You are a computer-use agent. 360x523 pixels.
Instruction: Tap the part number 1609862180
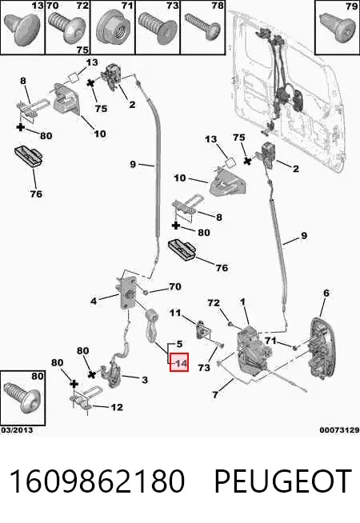[x=97, y=481]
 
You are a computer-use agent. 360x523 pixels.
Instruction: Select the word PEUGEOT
[x=283, y=481]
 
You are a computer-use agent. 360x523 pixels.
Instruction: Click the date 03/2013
[x=17, y=430]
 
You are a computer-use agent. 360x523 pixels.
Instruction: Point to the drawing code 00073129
[x=339, y=430]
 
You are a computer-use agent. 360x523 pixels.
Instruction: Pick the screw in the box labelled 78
[x=202, y=26]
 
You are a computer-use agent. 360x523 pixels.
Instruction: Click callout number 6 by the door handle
[x=326, y=293]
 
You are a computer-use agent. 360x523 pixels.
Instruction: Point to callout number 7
[x=215, y=394]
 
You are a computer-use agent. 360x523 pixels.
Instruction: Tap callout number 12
[x=117, y=407]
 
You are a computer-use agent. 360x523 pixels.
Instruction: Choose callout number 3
[x=145, y=380]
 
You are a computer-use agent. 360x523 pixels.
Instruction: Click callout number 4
[x=94, y=301]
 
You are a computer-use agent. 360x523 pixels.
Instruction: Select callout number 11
[x=175, y=313]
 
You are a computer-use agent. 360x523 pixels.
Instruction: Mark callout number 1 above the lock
[x=242, y=302]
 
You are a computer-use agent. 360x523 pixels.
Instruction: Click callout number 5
[x=179, y=344]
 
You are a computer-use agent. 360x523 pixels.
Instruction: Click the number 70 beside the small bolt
[x=175, y=286]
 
